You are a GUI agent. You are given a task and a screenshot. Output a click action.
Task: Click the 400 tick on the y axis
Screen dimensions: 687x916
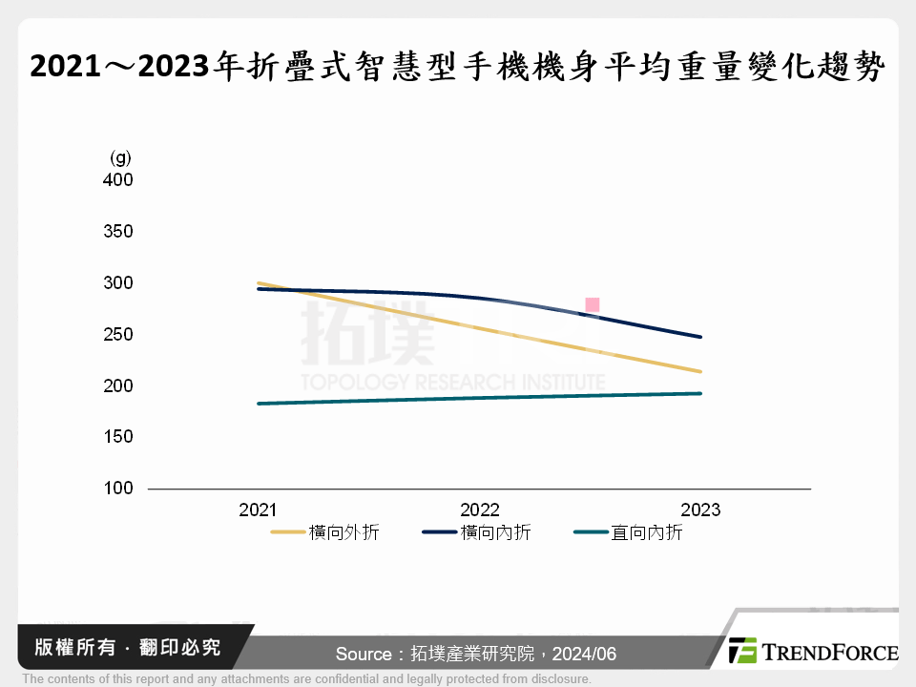point(118,180)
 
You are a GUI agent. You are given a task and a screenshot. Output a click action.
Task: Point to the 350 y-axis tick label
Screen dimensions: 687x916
point(118,232)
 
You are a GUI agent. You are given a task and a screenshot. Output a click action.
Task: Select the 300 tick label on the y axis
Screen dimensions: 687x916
point(118,283)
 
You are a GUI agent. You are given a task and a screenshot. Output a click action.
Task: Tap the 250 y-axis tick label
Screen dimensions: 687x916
point(118,335)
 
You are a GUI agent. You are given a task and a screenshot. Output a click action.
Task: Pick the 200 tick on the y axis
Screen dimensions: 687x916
point(118,386)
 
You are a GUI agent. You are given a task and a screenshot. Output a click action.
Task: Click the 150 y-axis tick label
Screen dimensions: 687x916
point(118,437)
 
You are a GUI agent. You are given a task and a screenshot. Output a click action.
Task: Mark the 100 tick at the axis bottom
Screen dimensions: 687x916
point(118,489)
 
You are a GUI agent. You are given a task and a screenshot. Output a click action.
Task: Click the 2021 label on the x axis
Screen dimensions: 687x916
point(258,510)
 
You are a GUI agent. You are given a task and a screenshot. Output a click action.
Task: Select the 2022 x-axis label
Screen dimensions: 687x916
point(479,510)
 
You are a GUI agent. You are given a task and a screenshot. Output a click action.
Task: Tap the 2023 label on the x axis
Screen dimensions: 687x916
point(700,510)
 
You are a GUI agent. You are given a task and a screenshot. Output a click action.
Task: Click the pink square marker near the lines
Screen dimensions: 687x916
point(592,305)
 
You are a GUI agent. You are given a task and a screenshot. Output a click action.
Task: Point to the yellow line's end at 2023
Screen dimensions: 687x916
point(700,371)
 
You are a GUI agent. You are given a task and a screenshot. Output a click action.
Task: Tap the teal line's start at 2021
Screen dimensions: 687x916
point(259,404)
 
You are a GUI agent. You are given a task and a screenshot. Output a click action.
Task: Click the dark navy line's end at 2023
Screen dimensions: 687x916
point(700,337)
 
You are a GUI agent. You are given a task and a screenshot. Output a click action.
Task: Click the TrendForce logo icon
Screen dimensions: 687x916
point(742,651)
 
